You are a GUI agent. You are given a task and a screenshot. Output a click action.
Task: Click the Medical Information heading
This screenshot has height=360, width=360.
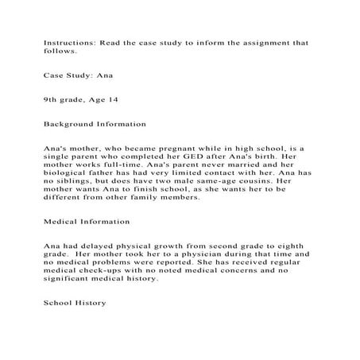pyautogui.click(x=86, y=221)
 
